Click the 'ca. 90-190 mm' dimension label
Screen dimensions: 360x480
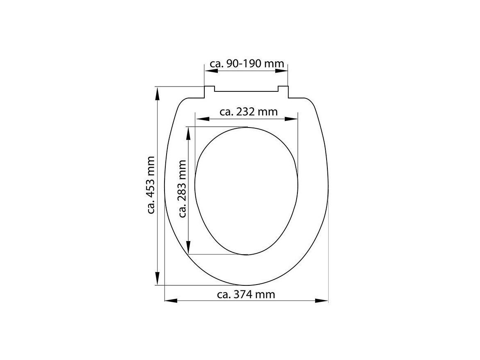247,64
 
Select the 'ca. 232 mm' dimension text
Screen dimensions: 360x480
249,112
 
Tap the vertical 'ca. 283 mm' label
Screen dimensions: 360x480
182,188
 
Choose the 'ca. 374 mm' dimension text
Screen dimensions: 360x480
246,294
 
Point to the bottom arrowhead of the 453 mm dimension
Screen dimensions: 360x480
157,278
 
